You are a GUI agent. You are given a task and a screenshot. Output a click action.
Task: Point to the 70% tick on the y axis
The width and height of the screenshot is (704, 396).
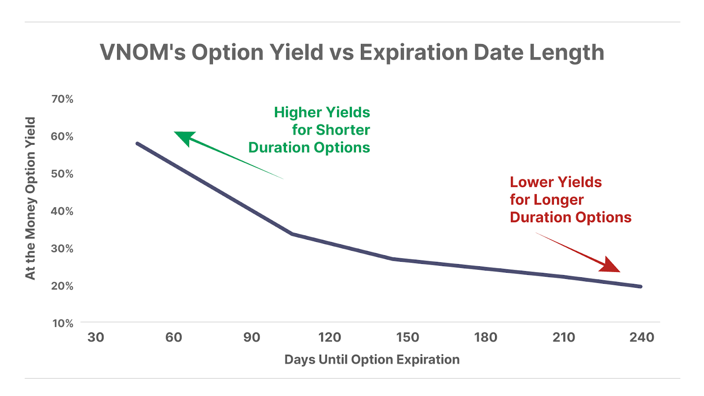tap(62, 99)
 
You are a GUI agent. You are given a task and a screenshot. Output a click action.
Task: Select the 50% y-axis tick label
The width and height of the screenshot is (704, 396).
tap(62, 174)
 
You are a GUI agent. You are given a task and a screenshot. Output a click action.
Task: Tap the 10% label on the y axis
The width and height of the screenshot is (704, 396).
tap(63, 323)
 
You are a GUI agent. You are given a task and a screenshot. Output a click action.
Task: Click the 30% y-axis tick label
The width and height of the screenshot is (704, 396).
tap(62, 249)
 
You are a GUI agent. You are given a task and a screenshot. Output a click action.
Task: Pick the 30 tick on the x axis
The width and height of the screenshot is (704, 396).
tap(96, 337)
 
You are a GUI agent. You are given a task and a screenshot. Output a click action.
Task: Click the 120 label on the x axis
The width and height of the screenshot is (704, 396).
tap(330, 337)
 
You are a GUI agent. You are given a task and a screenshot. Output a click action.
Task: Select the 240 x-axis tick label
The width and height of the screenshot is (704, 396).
tap(642, 337)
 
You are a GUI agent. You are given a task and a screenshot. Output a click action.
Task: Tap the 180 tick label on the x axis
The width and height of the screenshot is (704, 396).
tap(486, 337)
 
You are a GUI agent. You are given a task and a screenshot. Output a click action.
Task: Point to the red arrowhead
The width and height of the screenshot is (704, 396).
tap(610, 265)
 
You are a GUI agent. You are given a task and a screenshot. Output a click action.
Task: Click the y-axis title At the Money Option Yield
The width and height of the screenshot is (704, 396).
tap(30, 198)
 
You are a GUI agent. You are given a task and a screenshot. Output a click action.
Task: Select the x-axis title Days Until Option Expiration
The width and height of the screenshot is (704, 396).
tap(372, 359)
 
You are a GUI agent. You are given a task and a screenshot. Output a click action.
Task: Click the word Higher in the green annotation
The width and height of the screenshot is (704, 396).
tap(298, 113)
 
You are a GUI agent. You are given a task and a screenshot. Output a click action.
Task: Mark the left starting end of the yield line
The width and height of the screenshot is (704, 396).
tap(137, 143)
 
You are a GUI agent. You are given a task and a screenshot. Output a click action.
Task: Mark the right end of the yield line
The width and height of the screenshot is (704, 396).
tap(641, 286)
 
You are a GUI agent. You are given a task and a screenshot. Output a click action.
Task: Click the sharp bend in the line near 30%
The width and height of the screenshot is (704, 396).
tap(293, 234)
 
